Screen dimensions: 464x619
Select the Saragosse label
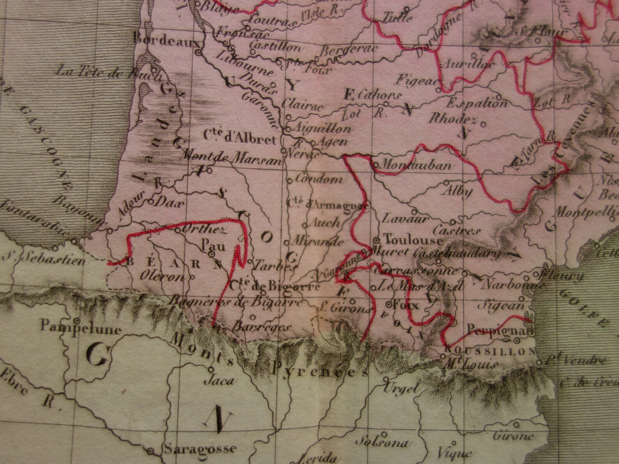click(200, 449)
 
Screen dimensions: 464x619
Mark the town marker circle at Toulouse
click(377, 240)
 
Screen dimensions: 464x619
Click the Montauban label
click(415, 165)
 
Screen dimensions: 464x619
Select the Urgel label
click(401, 388)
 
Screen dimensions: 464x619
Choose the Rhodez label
click(453, 119)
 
